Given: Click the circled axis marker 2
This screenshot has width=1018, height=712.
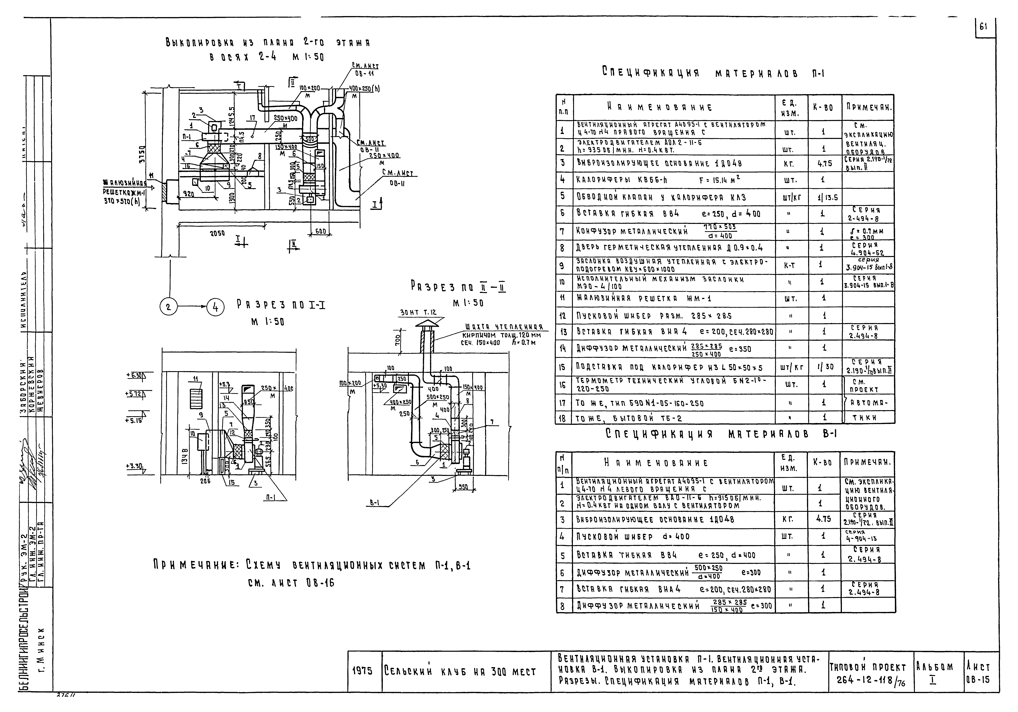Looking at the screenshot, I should click(x=169, y=307).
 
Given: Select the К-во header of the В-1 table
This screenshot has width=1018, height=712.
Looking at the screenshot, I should click(x=824, y=462).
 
